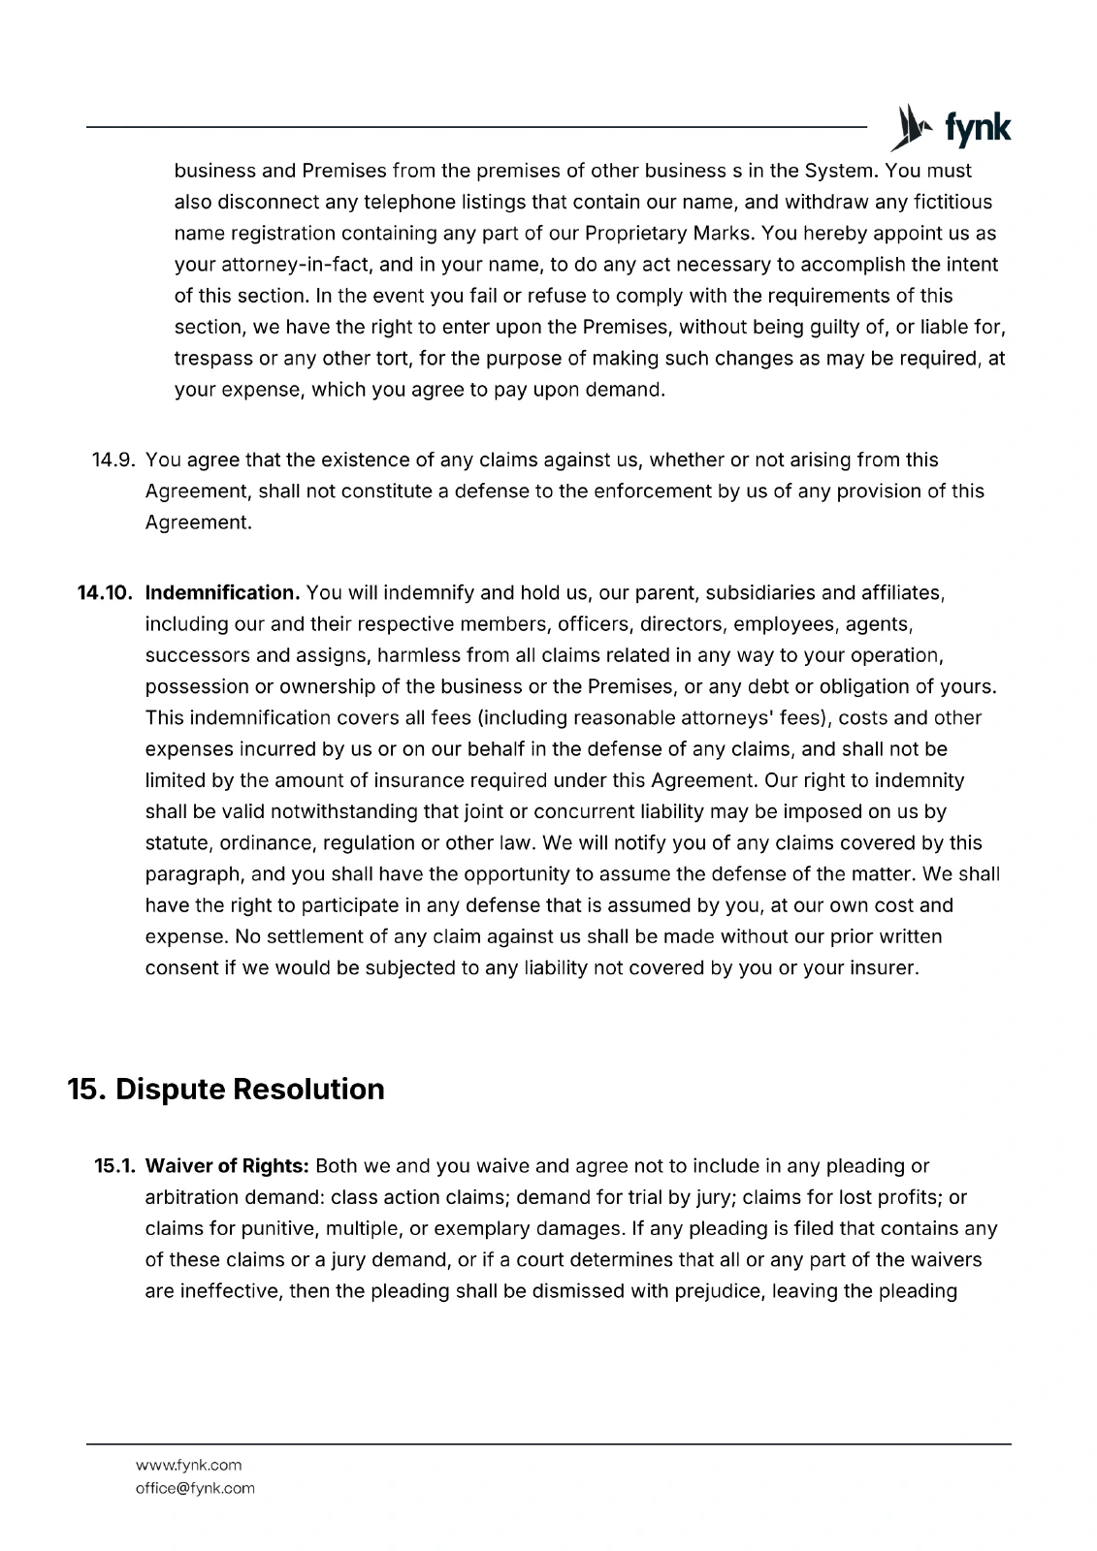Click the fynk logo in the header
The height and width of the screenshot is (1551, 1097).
coord(952,128)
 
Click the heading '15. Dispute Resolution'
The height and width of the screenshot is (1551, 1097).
coord(226,1089)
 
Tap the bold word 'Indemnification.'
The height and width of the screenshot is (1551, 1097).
coord(222,592)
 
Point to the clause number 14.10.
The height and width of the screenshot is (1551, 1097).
coord(105,592)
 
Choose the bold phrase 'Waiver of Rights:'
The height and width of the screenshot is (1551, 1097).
coord(227,1165)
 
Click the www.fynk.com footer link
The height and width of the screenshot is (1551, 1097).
coord(189,1465)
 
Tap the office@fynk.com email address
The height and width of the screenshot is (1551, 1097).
coord(195,1488)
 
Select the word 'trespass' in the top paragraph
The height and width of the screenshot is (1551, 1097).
coord(213,359)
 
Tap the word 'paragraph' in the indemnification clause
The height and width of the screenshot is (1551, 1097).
coord(193,873)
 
